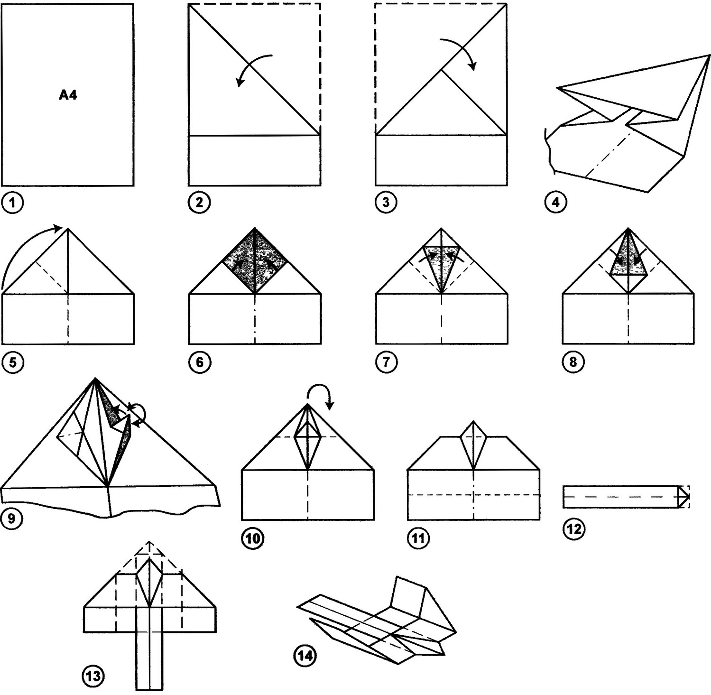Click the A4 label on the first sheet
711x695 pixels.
click(x=68, y=95)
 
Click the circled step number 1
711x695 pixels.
click(x=12, y=203)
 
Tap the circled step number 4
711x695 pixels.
click(x=555, y=203)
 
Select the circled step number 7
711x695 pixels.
click(x=386, y=362)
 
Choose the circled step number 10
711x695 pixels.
click(x=253, y=539)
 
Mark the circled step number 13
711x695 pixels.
click(x=93, y=676)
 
